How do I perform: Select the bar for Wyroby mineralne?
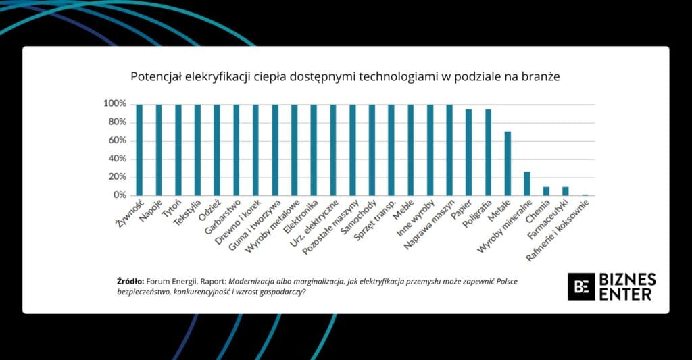(527, 184)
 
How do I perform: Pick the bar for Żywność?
(139, 150)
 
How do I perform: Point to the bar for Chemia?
(546, 191)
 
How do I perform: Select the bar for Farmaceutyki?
(566, 191)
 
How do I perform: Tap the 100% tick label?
(114, 104)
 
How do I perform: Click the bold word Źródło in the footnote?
(130, 281)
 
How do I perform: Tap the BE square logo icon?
(580, 286)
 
